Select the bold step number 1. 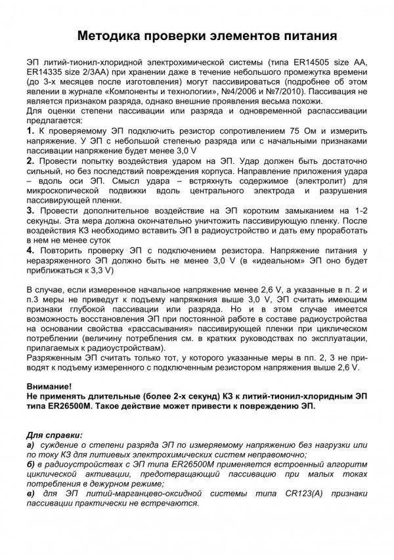(30, 133)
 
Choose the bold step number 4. (30, 250)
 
